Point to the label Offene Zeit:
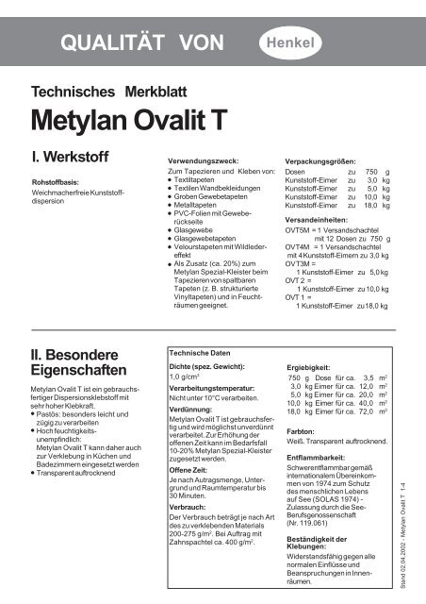189,470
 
